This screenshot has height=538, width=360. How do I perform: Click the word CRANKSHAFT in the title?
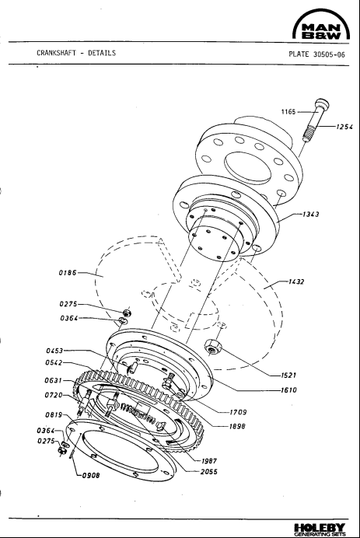point(58,54)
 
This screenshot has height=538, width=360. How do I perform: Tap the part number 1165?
point(292,111)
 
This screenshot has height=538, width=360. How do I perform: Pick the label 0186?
point(68,274)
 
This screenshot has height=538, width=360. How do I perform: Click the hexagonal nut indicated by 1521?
point(211,345)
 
